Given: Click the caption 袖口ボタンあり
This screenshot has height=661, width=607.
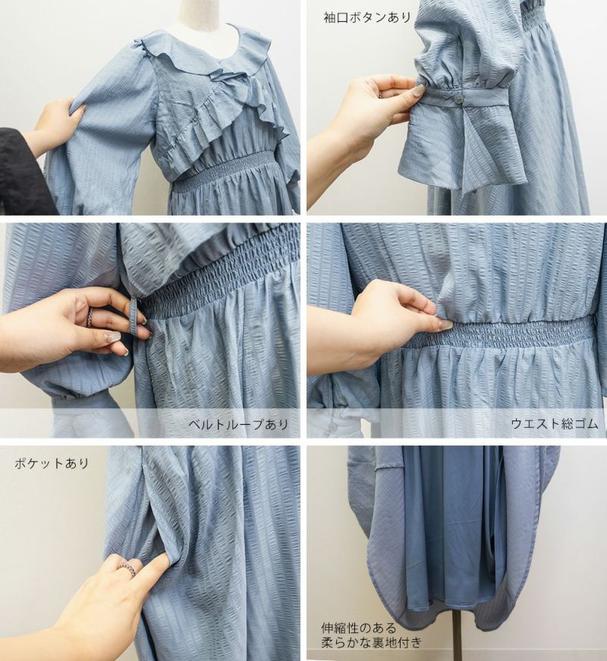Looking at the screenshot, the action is point(366,17).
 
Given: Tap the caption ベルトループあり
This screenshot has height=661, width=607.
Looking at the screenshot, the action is point(238,423).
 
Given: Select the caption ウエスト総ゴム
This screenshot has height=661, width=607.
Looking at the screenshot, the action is point(555,423).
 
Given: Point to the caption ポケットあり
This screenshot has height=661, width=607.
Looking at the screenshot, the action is point(52,463).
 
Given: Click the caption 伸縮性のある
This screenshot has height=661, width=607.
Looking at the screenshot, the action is point(359,628).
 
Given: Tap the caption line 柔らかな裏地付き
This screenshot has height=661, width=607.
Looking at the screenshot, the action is point(371,643).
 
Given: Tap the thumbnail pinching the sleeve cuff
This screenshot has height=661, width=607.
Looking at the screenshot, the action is point(419,90).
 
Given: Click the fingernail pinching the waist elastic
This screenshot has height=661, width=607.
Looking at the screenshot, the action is point(444,324).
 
